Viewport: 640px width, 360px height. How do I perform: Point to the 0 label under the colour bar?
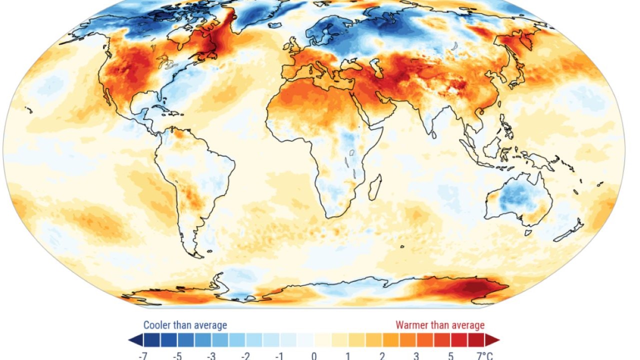tap(314, 355)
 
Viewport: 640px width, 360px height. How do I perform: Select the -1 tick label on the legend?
tap(279, 355)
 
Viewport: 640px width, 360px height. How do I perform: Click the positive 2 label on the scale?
tap(382, 355)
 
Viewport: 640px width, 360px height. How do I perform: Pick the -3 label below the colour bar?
tap(212, 355)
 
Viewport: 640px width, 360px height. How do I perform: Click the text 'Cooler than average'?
tap(185, 325)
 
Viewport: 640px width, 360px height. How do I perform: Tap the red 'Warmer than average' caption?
tap(440, 325)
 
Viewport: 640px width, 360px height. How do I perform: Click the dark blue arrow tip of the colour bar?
tap(133, 340)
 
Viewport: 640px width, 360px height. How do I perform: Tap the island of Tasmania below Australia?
tap(528, 232)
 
